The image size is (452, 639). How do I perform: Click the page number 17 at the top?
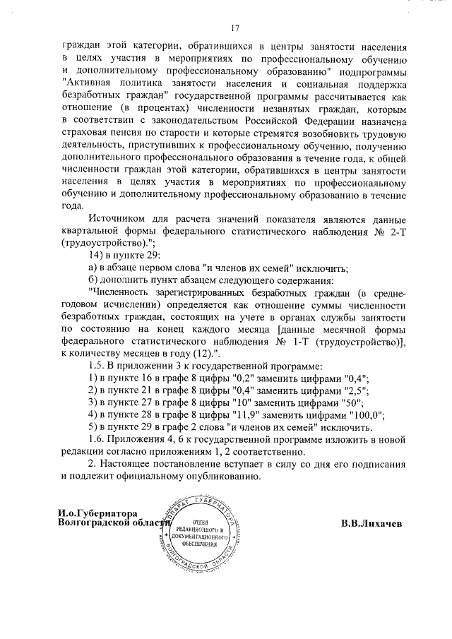[236, 28]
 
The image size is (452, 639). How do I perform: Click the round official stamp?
[204, 537]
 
